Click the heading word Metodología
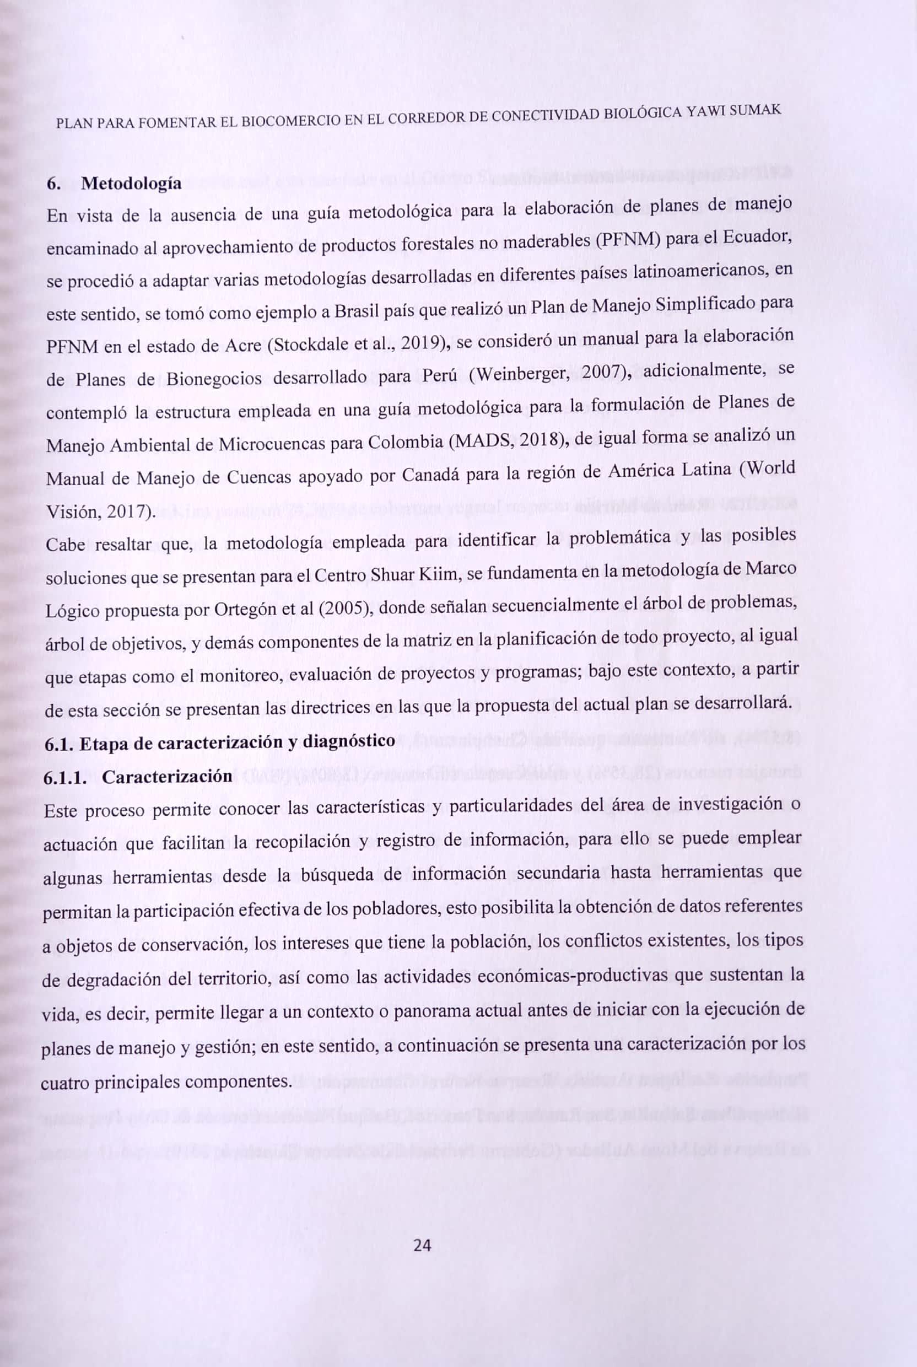click(x=131, y=184)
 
